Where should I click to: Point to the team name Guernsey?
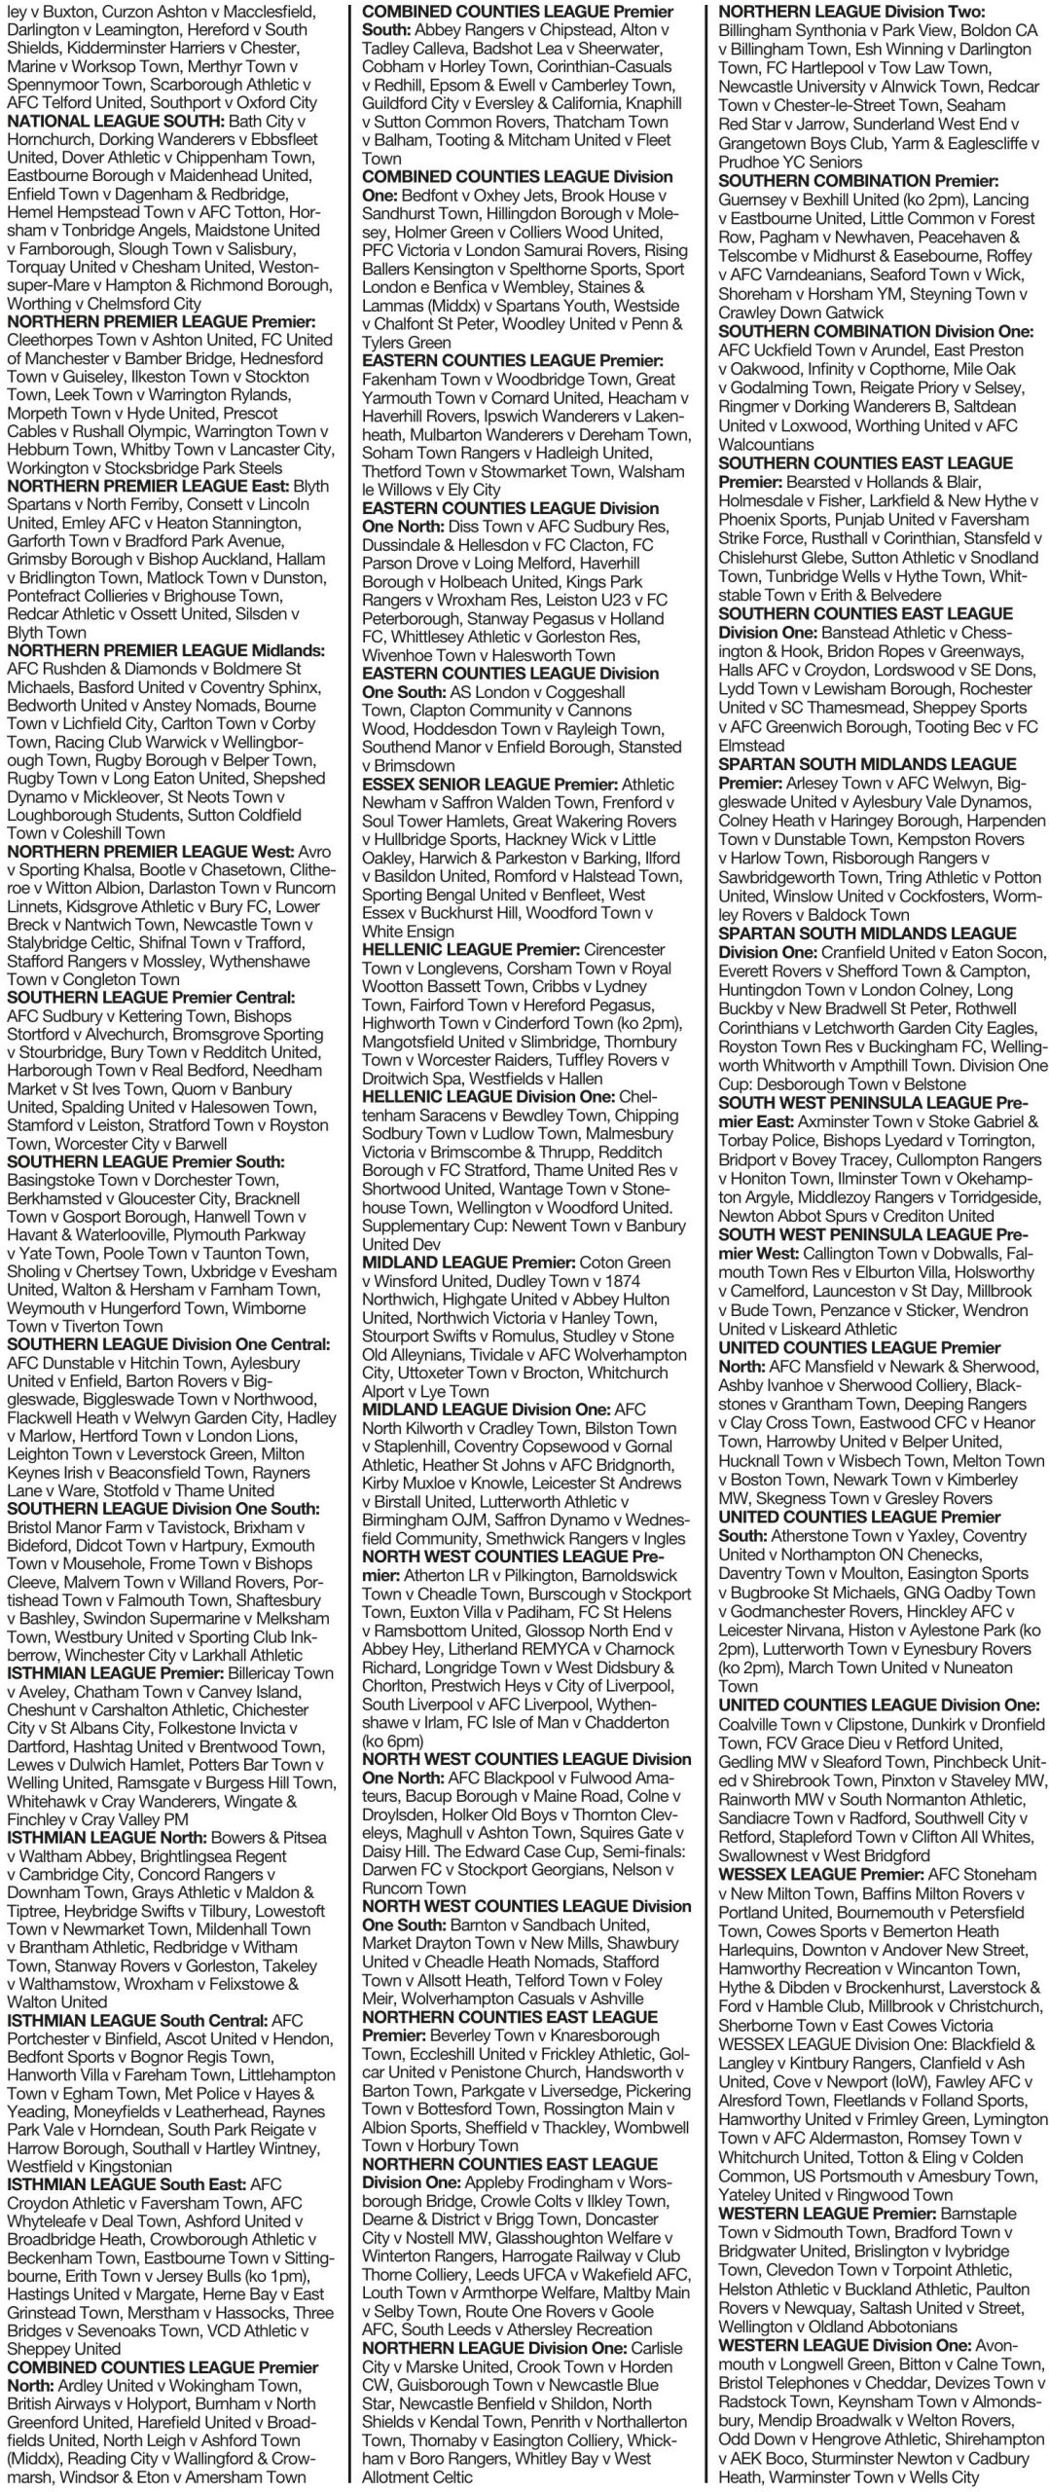click(754, 200)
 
